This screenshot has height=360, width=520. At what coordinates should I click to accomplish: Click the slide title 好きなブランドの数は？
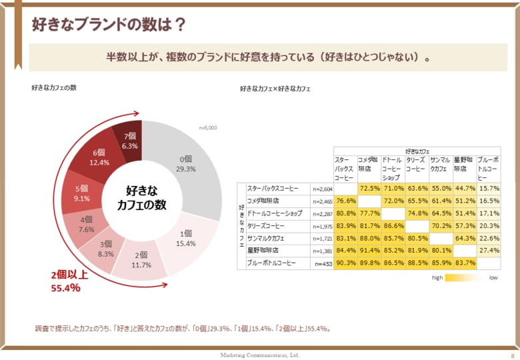click(109, 25)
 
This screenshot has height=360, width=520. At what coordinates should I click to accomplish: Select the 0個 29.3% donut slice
click(186, 164)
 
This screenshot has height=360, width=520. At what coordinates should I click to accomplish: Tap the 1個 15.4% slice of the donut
click(185, 239)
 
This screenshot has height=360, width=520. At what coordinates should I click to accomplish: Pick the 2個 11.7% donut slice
click(141, 259)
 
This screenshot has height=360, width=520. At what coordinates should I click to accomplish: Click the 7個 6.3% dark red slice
click(129, 140)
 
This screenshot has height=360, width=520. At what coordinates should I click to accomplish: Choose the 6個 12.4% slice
click(99, 157)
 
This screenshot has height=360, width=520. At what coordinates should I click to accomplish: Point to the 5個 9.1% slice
click(82, 193)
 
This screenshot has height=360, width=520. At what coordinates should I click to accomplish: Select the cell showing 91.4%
click(369, 251)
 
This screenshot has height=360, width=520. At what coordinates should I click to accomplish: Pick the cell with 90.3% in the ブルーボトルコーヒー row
click(345, 263)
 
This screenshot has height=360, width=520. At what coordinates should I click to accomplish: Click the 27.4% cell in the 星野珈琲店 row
click(489, 251)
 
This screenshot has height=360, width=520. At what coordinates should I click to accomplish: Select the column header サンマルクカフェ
click(440, 164)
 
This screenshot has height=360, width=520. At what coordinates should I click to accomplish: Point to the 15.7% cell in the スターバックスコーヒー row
click(489, 189)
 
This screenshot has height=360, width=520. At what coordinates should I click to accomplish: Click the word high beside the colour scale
click(437, 277)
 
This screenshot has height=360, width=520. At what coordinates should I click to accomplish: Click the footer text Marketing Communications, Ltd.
click(260, 355)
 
